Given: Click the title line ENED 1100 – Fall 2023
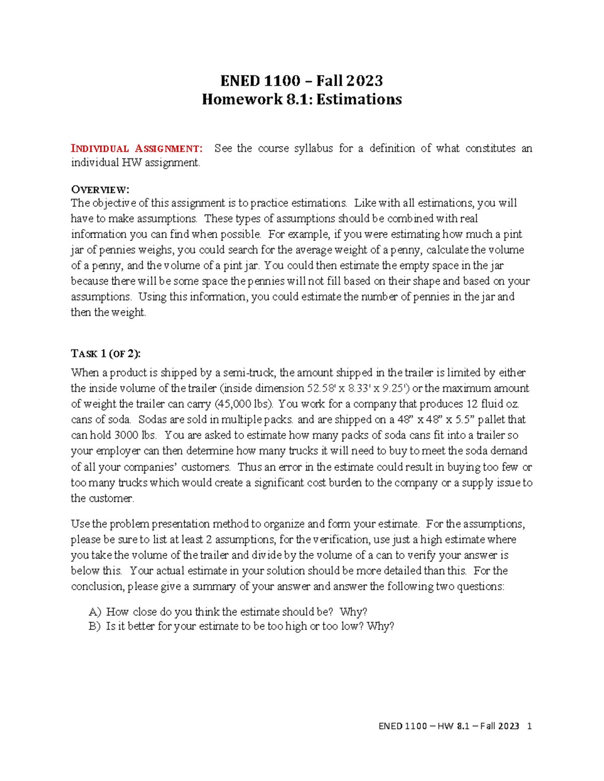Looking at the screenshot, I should click(x=301, y=80).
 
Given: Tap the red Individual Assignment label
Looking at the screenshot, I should click(x=137, y=148).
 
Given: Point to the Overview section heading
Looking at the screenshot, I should click(x=100, y=190).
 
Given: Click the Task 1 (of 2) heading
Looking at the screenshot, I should click(x=106, y=354).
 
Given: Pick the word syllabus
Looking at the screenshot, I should click(x=313, y=148).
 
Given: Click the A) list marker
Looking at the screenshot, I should click(x=95, y=612).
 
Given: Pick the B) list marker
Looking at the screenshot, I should click(x=95, y=626).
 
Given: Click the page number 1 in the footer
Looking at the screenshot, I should click(x=528, y=726).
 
